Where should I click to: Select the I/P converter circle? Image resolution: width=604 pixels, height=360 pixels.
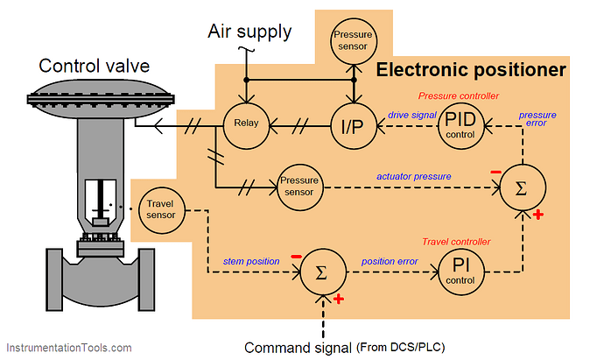(353, 125)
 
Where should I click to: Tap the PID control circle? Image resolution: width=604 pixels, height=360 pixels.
(460, 125)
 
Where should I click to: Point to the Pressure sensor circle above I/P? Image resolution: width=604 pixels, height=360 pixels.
(353, 39)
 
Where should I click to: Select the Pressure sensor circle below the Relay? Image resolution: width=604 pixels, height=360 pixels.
(300, 186)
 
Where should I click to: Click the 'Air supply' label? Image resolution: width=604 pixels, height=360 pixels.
(249, 32)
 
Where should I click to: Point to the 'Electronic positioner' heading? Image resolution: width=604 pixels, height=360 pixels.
(471, 69)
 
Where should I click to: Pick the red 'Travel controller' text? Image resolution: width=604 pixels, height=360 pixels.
(456, 241)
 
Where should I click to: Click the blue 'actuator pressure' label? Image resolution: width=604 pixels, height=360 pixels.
(414, 176)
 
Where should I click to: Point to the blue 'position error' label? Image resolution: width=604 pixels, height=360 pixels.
(391, 261)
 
